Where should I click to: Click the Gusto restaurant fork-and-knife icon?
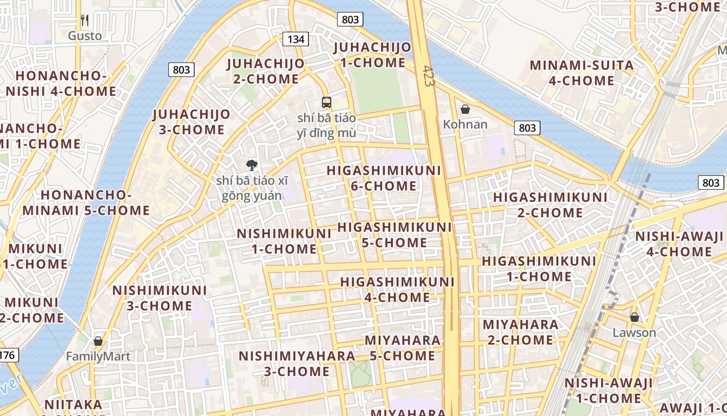coord(85,20)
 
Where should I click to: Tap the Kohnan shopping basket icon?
coord(465,109)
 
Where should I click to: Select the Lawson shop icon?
coord(634,317)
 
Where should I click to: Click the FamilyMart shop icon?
coord(98,342)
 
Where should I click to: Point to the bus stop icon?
coord(326,102)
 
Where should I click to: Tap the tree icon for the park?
coord(251,165)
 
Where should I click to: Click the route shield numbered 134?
coord(295,39)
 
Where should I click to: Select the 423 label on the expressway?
coord(428,76)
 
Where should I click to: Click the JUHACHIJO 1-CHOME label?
coord(372,55)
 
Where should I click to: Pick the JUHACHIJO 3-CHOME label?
coord(192,122)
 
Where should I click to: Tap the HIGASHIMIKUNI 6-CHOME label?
coord(384,178)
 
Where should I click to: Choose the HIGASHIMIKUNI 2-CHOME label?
coord(550,205)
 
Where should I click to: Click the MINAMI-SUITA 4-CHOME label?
coord(582,73)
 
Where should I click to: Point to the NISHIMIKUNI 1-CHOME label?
coord(284,241)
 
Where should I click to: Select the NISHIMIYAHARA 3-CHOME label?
coord(297,363)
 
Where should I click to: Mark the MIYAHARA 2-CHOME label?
coord(520,332)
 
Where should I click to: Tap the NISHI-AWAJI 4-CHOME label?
coord(679,244)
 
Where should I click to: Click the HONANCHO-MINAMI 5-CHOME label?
coord(86,203)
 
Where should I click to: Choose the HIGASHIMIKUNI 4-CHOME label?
coord(397,290)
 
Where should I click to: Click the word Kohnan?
coord(465,124)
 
